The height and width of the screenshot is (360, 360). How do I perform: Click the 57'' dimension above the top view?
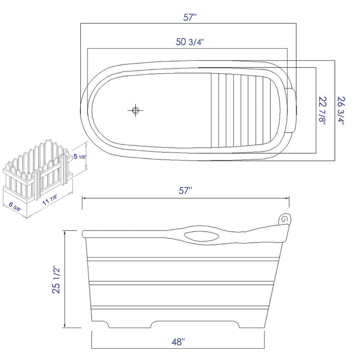[190, 17]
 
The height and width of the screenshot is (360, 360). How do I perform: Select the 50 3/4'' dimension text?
[190, 42]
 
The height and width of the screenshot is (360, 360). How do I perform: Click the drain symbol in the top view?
[136, 110]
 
